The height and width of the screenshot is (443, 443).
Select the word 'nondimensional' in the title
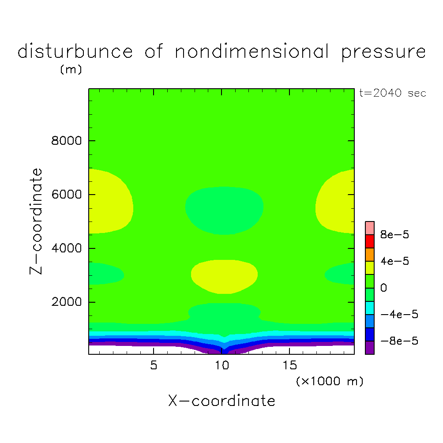(x=252, y=52)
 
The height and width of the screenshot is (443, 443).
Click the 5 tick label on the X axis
(x=153, y=366)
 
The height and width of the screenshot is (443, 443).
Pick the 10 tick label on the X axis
(x=221, y=366)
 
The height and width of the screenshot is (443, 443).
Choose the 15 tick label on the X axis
(x=289, y=366)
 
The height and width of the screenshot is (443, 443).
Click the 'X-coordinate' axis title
(x=221, y=401)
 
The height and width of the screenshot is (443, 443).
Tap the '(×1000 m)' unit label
(x=330, y=381)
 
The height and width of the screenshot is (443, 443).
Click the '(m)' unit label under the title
(x=71, y=70)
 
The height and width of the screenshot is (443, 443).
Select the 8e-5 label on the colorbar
(x=395, y=235)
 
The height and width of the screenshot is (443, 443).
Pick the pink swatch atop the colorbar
(x=370, y=228)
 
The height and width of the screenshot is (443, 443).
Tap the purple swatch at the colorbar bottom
(x=370, y=348)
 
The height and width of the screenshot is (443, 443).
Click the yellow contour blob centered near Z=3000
(x=224, y=276)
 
